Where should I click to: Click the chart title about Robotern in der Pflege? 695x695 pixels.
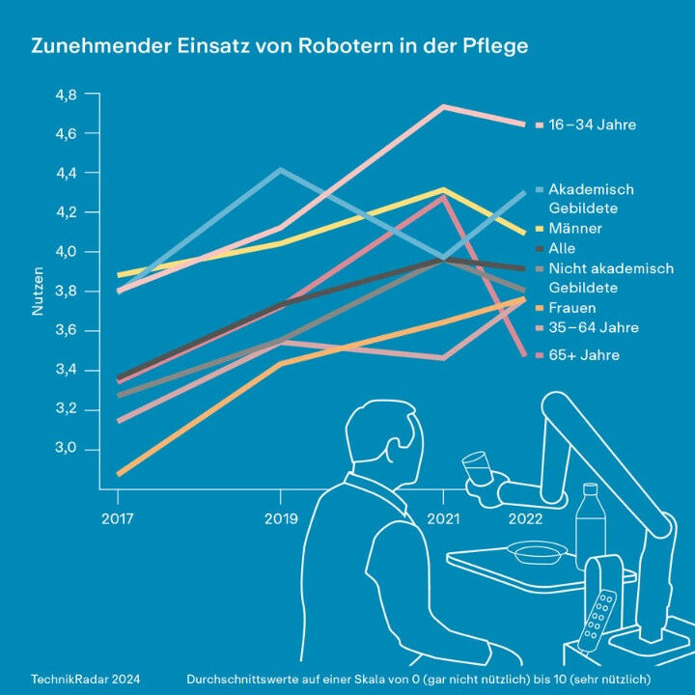[280, 46]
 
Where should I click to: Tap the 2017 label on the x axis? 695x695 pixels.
[118, 518]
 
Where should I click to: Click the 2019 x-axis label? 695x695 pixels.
[280, 518]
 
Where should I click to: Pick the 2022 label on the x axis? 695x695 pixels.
[525, 518]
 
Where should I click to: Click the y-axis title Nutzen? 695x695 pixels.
[40, 292]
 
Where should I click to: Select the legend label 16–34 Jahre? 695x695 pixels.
[592, 125]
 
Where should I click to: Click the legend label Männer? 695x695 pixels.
[574, 229]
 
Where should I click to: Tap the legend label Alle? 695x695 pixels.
[562, 249]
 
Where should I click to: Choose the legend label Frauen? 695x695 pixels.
[571, 308]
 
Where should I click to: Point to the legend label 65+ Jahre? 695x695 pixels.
[583, 356]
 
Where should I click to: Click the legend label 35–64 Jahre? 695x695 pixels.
[592, 328]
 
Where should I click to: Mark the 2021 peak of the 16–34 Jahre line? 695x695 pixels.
[443, 106]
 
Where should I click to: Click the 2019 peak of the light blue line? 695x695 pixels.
[280, 170]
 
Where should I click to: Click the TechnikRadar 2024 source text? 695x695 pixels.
[84, 680]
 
